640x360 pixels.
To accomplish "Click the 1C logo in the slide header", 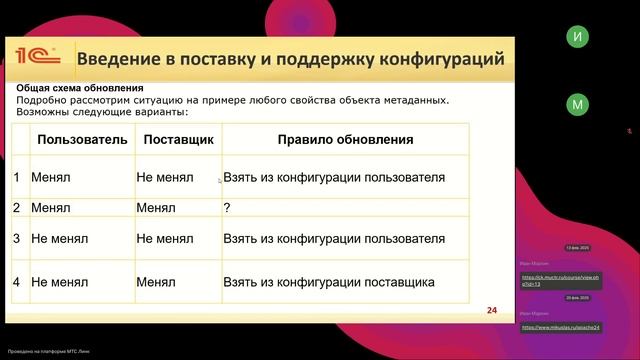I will pos(36,58).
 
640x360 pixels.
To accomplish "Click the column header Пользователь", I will pos(82,140).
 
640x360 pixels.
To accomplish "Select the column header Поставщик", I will pos(179,140).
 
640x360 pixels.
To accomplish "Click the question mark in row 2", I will pos(228,208).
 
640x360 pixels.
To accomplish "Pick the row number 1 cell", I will pos(16,178).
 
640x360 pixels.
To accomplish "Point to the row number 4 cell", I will pos(16,282).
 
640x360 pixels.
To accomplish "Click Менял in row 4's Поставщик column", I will pos(156,282).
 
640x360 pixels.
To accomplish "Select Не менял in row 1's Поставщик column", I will pos(165,178).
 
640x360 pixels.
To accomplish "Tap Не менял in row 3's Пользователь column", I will pos(60,239).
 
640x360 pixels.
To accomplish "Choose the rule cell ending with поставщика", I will pos(329,282).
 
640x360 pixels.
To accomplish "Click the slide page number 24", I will pos(491,310).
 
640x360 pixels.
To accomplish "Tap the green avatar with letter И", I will pos(576,37).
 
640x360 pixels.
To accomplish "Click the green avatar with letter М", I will pos(576,104).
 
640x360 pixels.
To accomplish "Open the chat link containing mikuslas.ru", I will pos(546,327).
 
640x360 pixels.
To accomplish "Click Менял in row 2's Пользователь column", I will pos(51,208).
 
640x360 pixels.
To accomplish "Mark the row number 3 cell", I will pos(16,239).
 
